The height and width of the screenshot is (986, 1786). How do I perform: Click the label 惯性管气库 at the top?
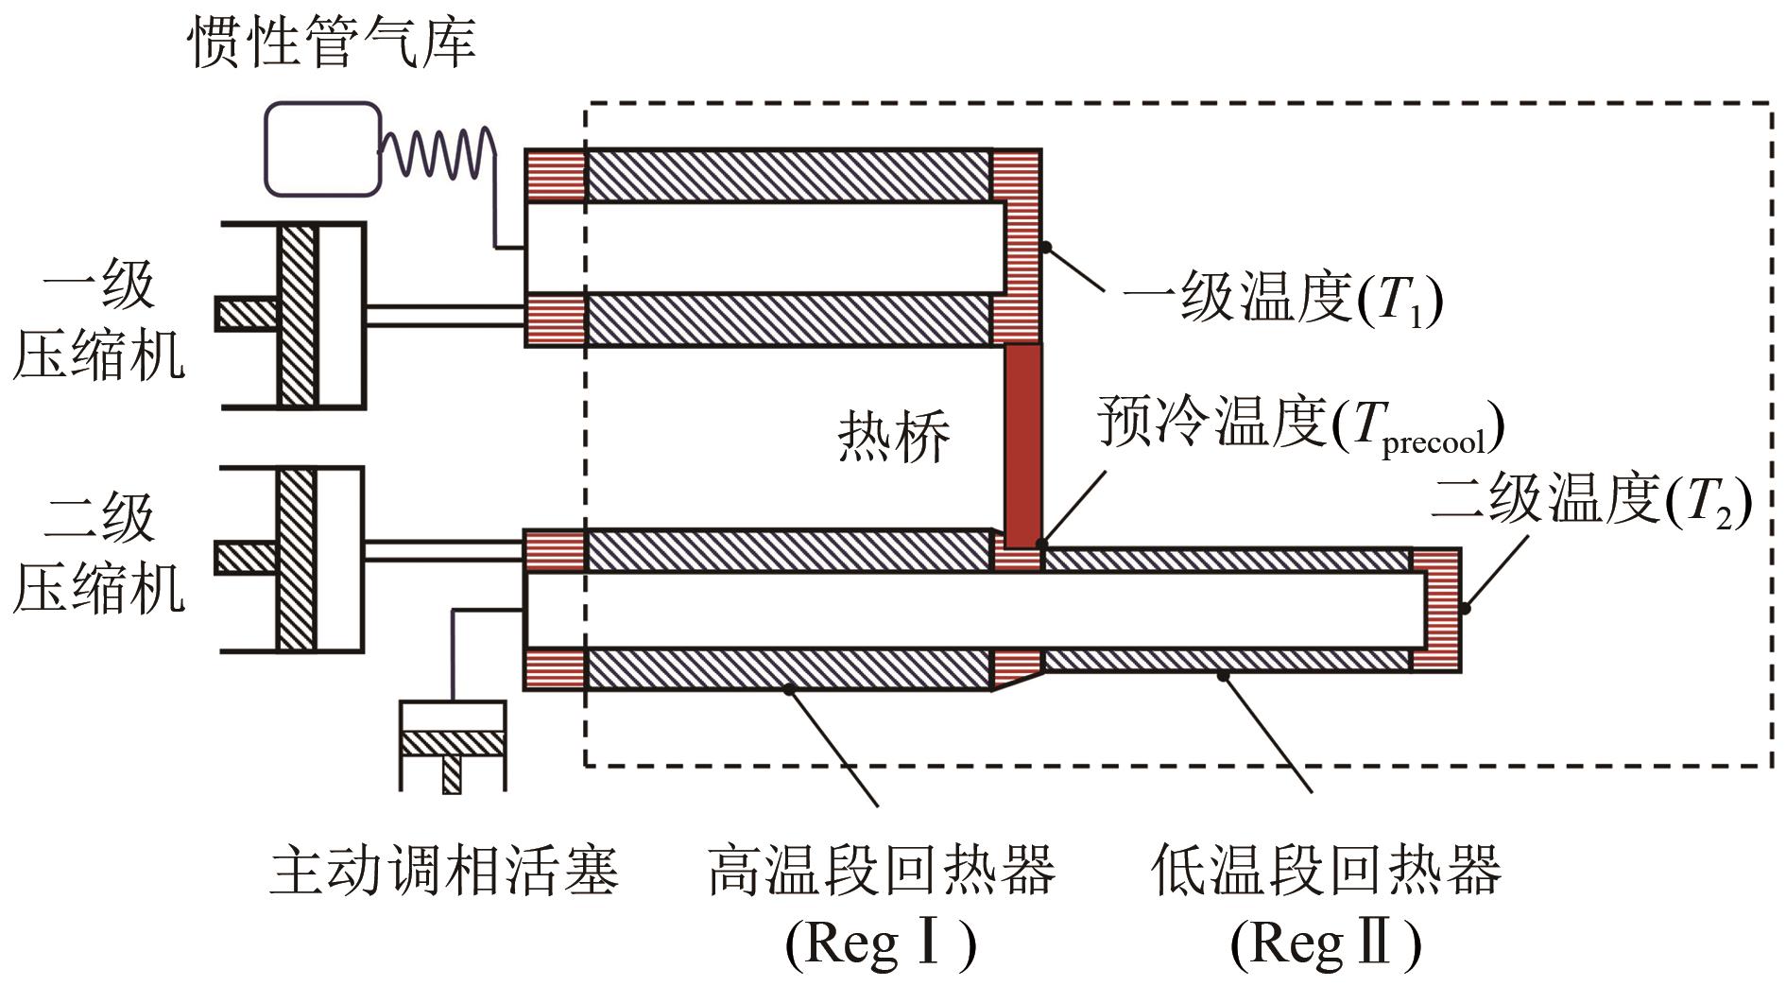pos(333,43)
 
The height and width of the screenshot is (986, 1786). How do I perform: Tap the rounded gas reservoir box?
pos(322,148)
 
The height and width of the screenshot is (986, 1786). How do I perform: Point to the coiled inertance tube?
pos(437,151)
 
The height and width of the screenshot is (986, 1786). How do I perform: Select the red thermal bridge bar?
pos(1022,444)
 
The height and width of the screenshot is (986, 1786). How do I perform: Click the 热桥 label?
pos(893,437)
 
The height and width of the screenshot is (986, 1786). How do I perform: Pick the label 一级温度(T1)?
pos(1282,300)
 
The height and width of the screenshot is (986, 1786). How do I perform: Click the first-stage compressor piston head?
pos(297,315)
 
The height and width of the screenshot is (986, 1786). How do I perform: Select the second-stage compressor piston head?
pos(297,559)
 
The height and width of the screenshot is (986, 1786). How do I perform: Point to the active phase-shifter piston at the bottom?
pos(453,743)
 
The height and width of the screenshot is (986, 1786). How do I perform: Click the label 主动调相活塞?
pos(444,870)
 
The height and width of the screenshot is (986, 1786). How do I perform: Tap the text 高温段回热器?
pos(881,870)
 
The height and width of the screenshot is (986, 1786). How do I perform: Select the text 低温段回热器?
pos(1326,870)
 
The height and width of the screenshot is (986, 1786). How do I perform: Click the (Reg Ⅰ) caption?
pos(881,943)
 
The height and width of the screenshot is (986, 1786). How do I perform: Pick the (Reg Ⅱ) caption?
pos(1326,943)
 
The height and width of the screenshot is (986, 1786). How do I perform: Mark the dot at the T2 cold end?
pos(1465,609)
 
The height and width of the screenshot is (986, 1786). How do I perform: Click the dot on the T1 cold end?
pos(1046,248)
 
